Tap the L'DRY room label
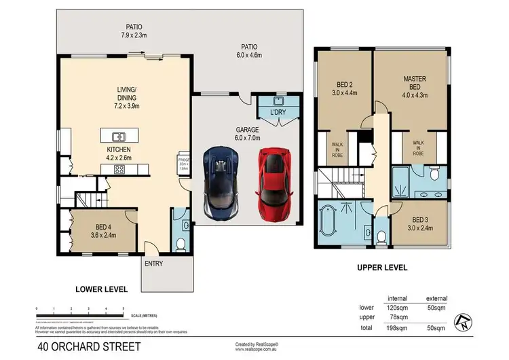coord(278,111)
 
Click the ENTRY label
coord(153,264)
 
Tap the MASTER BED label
coord(414,83)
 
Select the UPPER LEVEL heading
coord(382,268)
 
